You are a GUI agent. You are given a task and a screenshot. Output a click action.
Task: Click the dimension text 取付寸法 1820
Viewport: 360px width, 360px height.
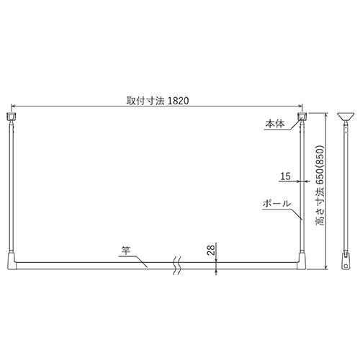coord(158,101)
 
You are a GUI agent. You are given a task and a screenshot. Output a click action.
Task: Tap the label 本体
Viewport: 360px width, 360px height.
coord(275,124)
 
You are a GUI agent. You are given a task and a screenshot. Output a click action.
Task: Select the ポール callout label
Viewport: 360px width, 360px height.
coord(276,204)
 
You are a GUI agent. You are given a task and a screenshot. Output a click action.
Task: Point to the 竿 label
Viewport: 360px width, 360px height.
coord(126,251)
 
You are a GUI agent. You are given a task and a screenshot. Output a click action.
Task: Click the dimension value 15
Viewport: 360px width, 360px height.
coord(286,176)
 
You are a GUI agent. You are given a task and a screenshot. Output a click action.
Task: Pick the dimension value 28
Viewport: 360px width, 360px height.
coord(212,251)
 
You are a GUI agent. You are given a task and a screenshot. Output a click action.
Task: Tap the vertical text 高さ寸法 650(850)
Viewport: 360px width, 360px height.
coord(320,185)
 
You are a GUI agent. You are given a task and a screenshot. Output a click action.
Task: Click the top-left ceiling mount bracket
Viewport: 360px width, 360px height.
coord(11,117)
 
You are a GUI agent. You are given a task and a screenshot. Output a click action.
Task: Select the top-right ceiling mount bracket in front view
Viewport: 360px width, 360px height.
coord(302,117)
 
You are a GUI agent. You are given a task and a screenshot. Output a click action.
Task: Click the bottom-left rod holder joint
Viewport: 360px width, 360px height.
coord(12,261)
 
